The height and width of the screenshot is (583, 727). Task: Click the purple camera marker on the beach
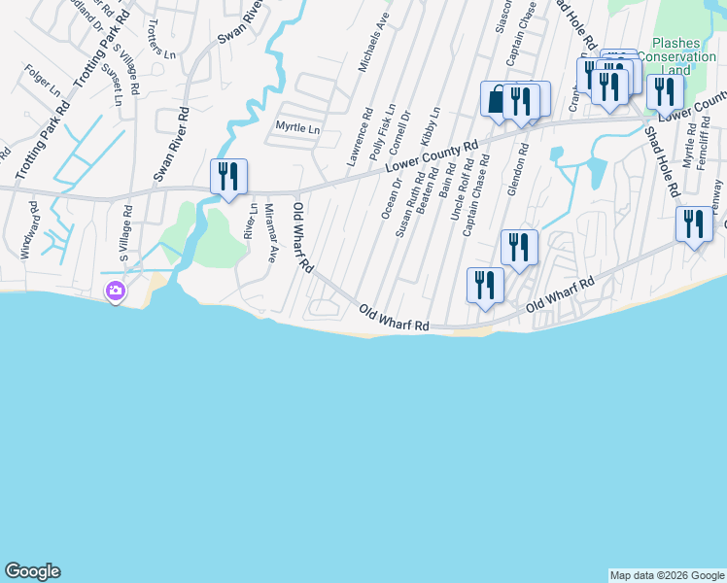point(116,291)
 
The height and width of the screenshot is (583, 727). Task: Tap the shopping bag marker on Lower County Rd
point(498,100)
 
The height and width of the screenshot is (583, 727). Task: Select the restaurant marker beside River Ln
point(228,177)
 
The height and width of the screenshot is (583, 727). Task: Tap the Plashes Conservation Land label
point(684,56)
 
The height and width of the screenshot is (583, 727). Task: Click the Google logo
point(32,571)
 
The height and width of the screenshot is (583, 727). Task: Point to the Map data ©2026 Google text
point(666,575)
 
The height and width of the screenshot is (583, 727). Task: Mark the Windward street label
point(29,230)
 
